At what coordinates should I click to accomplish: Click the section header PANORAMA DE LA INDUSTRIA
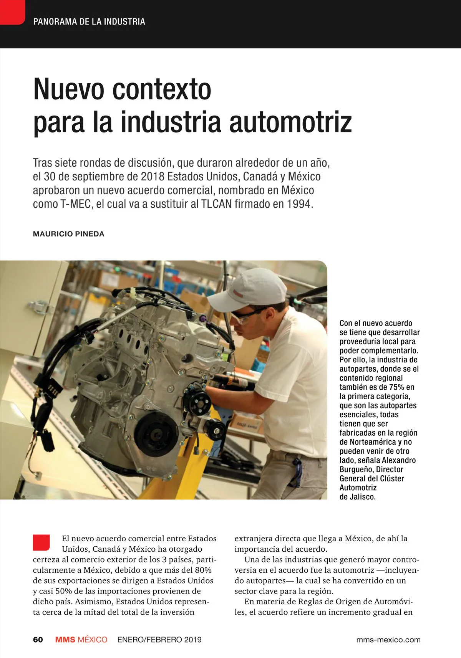point(89,22)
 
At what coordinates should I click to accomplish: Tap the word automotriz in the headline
point(290,122)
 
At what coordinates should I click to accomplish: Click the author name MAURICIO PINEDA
point(69,234)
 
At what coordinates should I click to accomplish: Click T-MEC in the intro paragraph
point(76,204)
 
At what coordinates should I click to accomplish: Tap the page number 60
point(38,640)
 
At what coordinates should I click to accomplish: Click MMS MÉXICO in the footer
point(81,640)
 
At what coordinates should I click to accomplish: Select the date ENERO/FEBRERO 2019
point(159,640)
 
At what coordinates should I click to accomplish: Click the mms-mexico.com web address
point(388,640)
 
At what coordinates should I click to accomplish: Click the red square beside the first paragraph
point(41,542)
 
